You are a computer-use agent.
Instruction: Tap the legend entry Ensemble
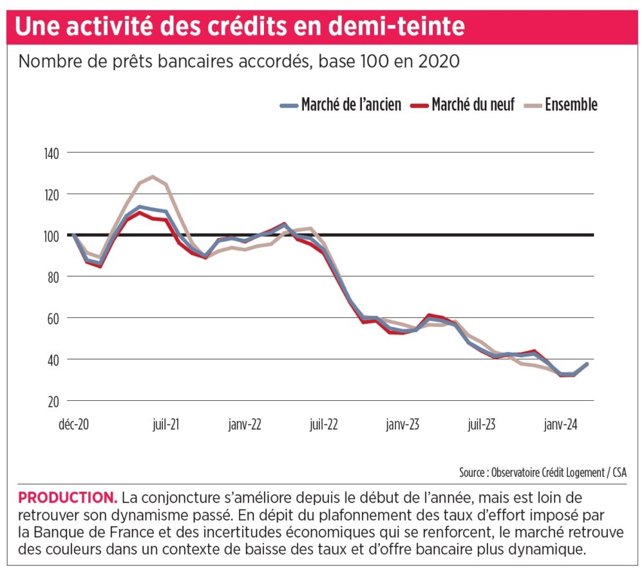click(x=571, y=105)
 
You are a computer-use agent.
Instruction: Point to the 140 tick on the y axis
click(x=52, y=153)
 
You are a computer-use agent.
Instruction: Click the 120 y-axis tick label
click(x=52, y=194)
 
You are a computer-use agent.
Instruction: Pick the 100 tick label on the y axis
click(x=52, y=235)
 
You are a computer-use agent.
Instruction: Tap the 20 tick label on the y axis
click(x=53, y=401)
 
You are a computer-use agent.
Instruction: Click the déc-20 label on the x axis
click(x=73, y=425)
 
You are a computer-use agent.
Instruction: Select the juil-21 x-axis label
click(x=166, y=425)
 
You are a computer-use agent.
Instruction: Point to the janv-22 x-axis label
click(x=245, y=425)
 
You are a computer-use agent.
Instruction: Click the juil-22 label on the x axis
click(x=324, y=425)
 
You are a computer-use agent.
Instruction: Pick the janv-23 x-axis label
click(x=403, y=425)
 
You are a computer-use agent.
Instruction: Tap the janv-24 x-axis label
click(x=561, y=425)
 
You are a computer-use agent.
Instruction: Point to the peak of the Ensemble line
click(x=152, y=176)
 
